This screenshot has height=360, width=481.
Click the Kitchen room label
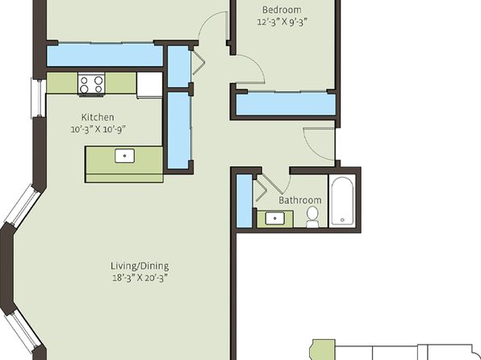tap(98, 117)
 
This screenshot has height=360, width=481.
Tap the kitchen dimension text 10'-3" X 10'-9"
tap(98, 129)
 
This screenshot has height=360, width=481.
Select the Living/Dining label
tap(140, 266)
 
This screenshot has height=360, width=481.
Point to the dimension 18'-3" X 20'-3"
tap(140, 278)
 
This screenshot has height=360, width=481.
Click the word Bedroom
tap(282, 10)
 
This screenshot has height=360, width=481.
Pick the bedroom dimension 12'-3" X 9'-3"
tap(282, 22)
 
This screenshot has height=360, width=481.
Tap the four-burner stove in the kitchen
tap(91, 85)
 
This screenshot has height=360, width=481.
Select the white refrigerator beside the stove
tap(149, 86)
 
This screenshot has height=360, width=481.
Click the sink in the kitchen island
tap(124, 156)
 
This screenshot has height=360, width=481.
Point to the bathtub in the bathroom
tap(342, 201)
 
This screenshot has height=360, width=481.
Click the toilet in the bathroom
tap(312, 217)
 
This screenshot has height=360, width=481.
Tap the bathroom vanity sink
tap(275, 219)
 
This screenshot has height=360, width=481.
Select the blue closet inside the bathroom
tap(245, 201)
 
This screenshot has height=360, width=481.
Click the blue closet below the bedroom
tap(286, 104)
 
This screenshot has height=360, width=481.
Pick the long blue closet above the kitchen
tap(105, 55)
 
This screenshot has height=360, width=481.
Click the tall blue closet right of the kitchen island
tap(179, 131)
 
